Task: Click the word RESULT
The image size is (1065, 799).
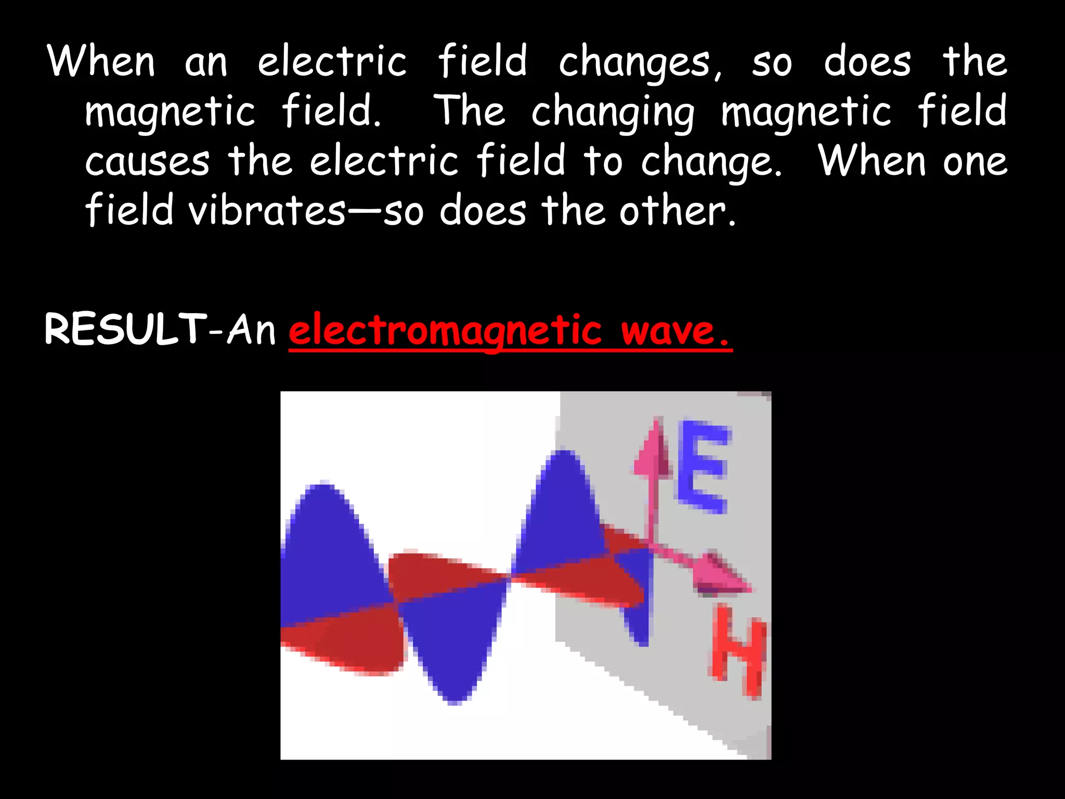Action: click(125, 329)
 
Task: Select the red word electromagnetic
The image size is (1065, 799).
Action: click(445, 331)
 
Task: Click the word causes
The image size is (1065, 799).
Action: click(148, 161)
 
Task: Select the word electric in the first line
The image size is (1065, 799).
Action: click(332, 62)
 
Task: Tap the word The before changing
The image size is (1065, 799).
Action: click(470, 111)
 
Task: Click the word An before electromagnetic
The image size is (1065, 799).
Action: click(251, 329)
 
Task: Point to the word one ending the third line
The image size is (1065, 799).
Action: click(976, 161)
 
